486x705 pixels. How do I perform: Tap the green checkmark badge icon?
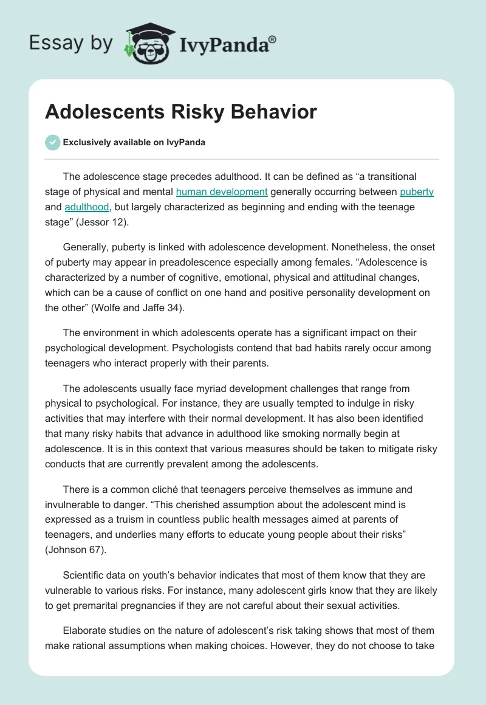52,142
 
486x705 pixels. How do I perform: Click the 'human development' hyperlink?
222,192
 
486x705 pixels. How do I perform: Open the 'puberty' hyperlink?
417,192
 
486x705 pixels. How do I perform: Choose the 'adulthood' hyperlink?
87,207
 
